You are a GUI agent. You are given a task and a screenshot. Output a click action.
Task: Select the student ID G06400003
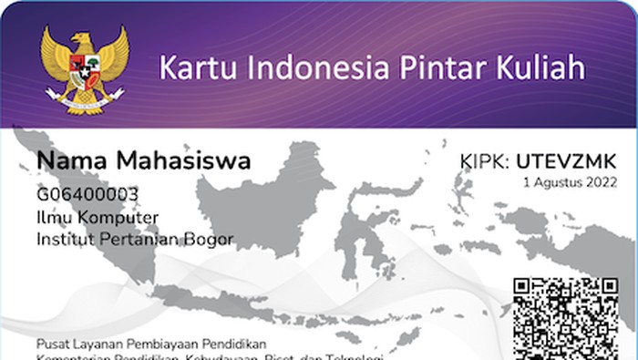click(87, 194)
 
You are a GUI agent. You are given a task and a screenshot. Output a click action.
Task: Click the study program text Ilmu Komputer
click(98, 217)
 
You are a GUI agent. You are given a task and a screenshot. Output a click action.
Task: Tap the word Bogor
click(211, 240)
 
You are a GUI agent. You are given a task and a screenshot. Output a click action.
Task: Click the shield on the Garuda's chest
click(85, 69)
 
